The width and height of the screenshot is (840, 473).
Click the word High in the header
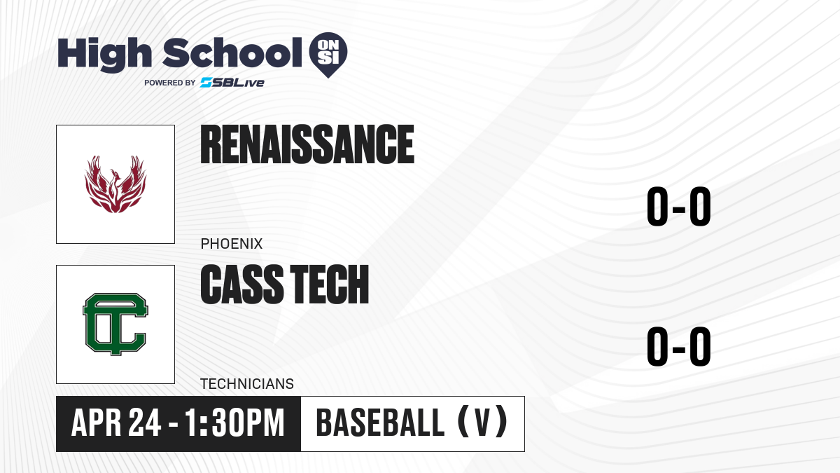click(x=104, y=55)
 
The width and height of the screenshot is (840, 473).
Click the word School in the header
click(x=232, y=53)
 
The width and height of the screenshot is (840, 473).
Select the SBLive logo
click(x=232, y=82)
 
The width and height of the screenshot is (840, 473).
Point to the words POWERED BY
click(x=170, y=83)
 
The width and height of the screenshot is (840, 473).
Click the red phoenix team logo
click(x=115, y=184)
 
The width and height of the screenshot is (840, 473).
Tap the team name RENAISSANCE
click(x=307, y=144)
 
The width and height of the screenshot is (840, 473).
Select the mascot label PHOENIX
click(x=232, y=244)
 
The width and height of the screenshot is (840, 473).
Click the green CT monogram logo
click(x=115, y=324)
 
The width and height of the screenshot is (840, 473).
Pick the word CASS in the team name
click(x=242, y=285)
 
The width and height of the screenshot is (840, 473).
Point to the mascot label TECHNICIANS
click(x=246, y=384)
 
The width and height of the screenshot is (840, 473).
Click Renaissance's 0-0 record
click(x=679, y=207)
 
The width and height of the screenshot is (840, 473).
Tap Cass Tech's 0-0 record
click(x=679, y=346)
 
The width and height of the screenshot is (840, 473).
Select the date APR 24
click(x=116, y=423)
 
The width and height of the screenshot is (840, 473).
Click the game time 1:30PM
click(x=234, y=423)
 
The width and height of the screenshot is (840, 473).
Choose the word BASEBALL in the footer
click(x=380, y=423)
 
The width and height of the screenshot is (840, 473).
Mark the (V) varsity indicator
click(x=483, y=423)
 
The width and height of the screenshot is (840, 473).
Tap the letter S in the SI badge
click(x=322, y=57)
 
